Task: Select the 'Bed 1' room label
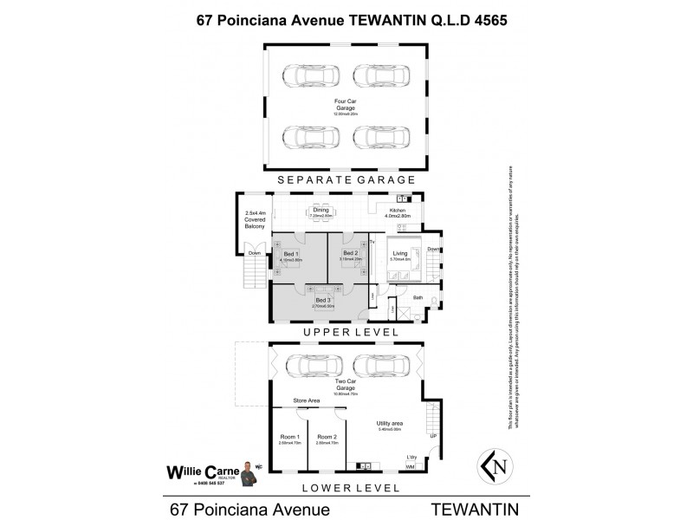point(291,254)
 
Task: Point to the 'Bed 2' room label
point(350,253)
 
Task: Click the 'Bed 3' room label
point(323,300)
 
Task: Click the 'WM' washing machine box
point(410,466)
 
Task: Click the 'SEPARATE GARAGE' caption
point(346,179)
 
